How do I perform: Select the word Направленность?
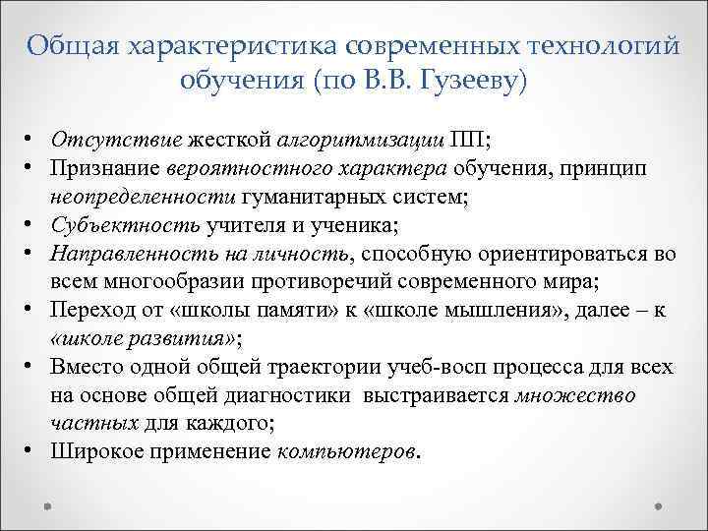point(122,255)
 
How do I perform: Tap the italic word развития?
point(181,340)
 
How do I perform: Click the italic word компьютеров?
point(347,453)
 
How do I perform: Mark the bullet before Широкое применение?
point(32,453)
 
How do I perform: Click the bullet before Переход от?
point(32,312)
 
